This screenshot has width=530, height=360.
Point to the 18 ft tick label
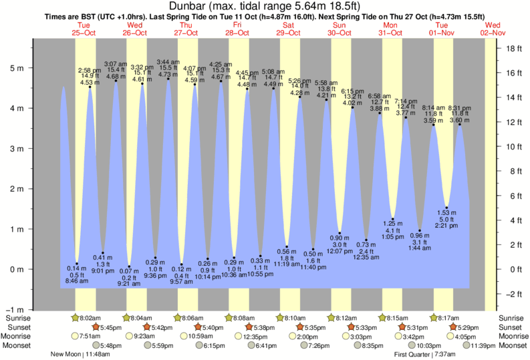pyautogui.click(x=513, y=48)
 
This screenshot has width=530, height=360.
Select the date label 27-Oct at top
pyautogui.click(x=186, y=32)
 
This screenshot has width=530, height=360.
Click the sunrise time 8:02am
pyautogui.click(x=90, y=318)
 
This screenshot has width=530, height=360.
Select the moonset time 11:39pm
pyautogui.click(x=469, y=345)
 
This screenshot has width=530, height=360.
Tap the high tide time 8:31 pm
pyautogui.click(x=460, y=108)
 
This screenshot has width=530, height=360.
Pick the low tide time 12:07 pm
pyautogui.click(x=340, y=250)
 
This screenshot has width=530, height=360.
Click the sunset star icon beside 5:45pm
pyautogui.click(x=94, y=327)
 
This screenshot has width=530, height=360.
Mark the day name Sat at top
pyautogui.click(x=289, y=25)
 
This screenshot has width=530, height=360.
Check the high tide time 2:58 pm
pyautogui.click(x=90, y=70)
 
